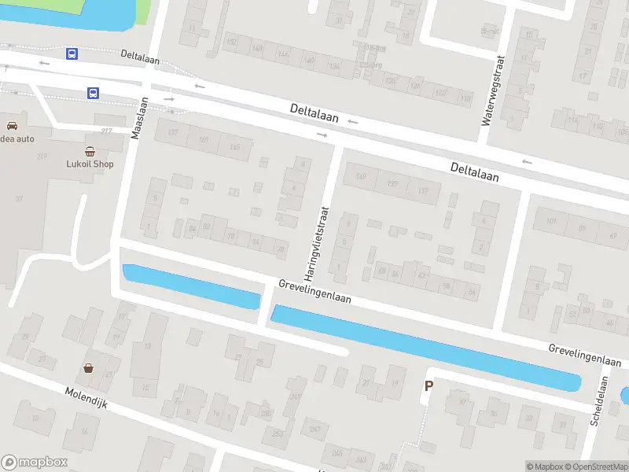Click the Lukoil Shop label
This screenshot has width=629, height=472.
tap(90, 164)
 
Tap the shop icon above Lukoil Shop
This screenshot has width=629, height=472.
tap(90, 151)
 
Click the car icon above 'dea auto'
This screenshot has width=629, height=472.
tap(13, 126)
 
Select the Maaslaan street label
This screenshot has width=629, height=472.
tap(138, 118)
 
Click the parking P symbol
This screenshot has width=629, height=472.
tap(429, 385)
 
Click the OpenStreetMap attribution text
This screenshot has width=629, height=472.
tap(596, 466)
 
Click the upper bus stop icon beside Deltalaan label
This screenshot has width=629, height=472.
tap(72, 53)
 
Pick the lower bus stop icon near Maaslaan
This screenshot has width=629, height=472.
tap(93, 93)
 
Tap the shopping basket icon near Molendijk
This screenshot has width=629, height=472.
tap(89, 367)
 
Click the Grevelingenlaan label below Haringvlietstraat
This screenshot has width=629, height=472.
tap(314, 291)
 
